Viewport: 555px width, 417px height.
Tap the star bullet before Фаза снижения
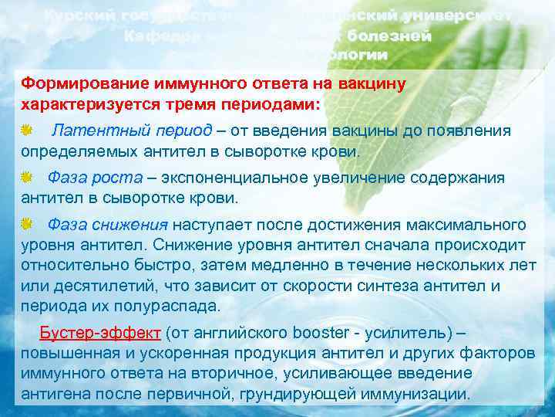(27, 225)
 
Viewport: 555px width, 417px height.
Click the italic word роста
(116, 178)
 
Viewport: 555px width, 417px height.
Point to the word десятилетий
(95, 286)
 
